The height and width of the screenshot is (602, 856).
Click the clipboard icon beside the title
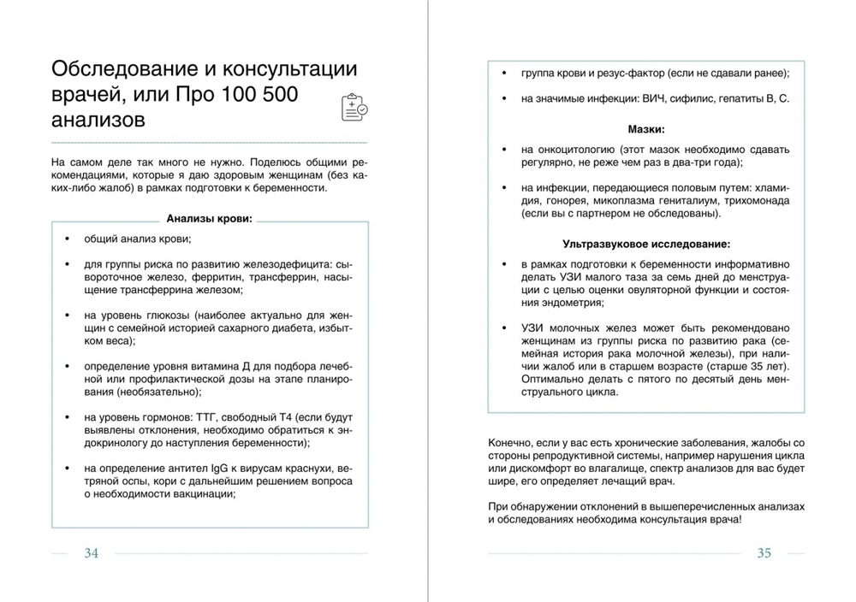pos(354,107)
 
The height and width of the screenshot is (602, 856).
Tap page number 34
pos(91,553)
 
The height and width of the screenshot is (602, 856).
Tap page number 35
pos(764,553)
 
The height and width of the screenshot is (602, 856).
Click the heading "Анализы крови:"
pos(209,219)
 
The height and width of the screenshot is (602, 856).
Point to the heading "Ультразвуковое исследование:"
pos(646,243)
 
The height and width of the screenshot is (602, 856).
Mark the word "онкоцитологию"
pos(573,150)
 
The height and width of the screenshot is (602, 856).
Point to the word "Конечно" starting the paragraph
pos(511,445)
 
